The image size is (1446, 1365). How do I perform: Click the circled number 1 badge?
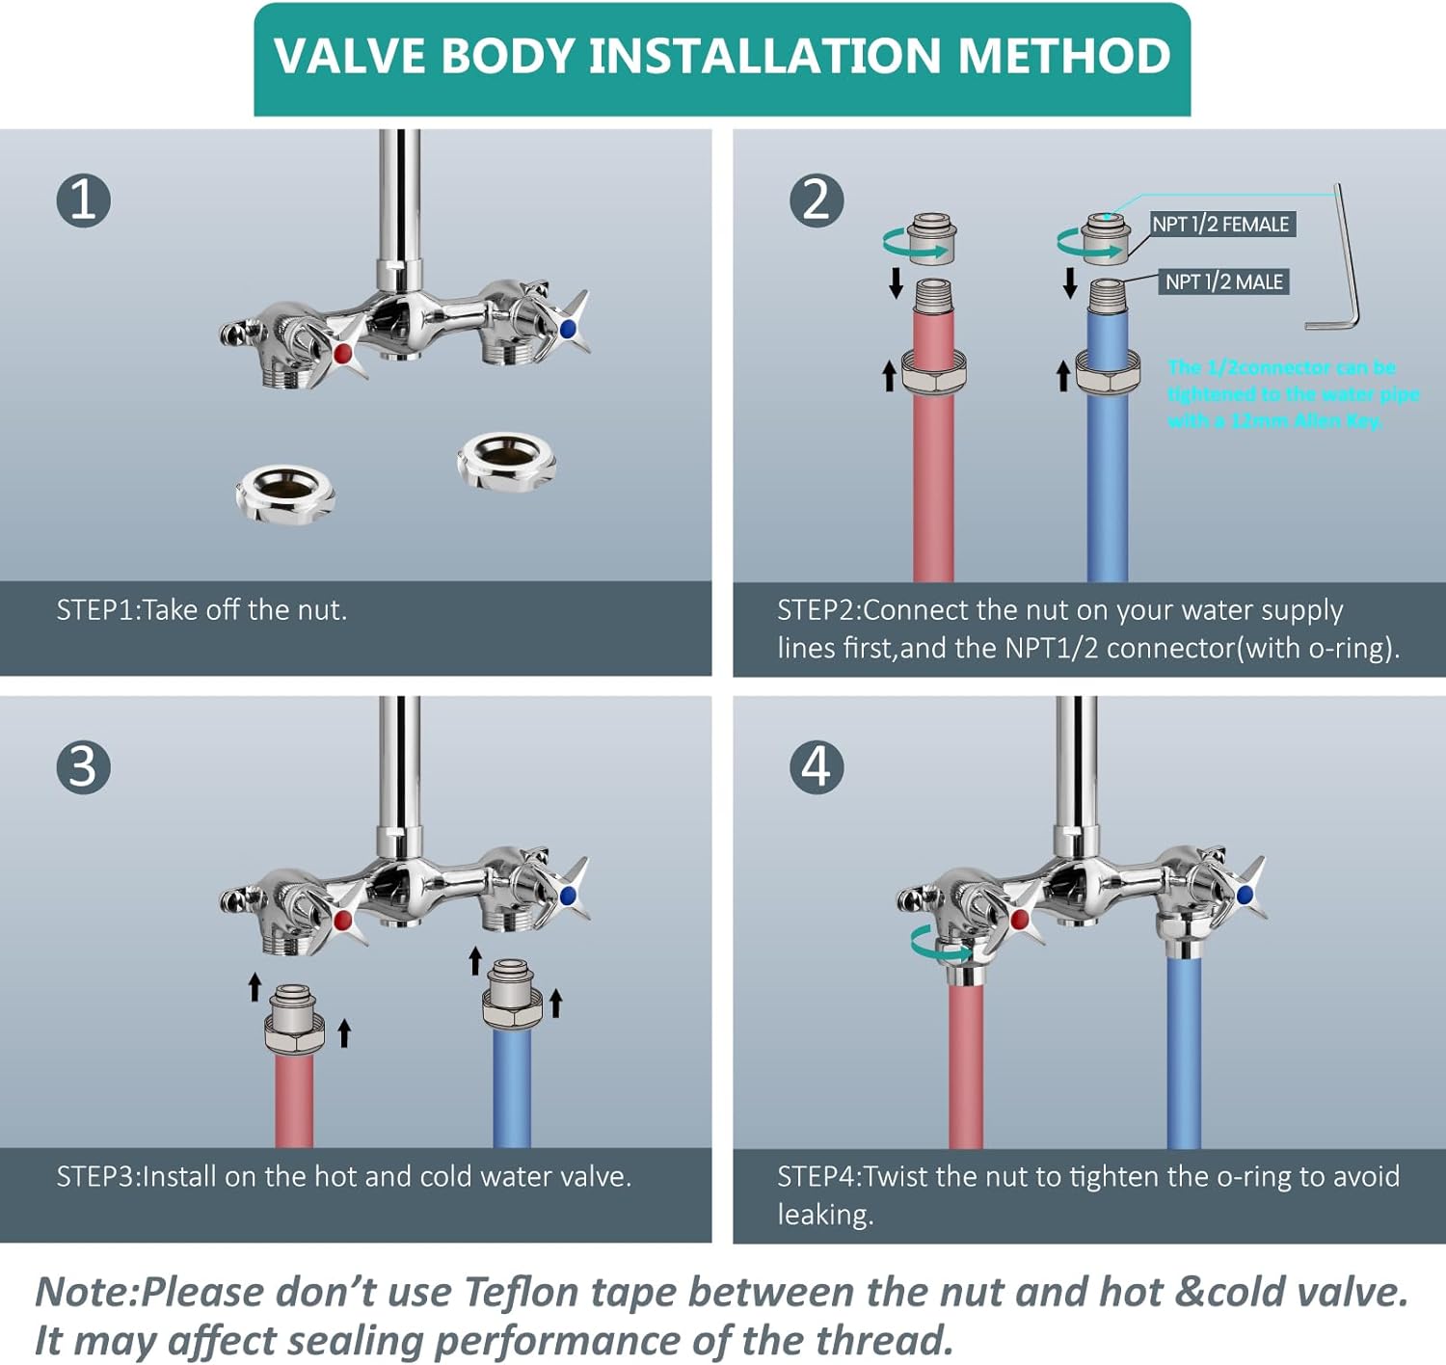click(84, 201)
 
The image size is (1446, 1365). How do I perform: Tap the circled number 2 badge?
click(817, 201)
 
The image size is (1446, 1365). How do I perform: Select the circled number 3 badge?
click(84, 767)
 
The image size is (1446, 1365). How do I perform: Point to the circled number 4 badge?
click(817, 767)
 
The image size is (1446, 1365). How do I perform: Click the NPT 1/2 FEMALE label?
click(1220, 225)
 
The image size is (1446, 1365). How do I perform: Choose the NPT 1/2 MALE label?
click(1223, 282)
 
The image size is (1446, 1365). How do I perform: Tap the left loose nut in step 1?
click(284, 495)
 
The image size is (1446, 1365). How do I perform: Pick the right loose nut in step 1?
click(506, 461)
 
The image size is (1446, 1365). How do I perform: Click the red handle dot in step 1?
click(341, 354)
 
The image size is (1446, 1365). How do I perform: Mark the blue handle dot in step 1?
click(568, 329)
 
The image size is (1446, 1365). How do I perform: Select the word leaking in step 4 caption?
click(824, 1215)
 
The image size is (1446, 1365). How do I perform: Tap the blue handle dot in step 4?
click(1245, 896)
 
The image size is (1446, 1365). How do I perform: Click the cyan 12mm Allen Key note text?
click(1292, 394)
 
